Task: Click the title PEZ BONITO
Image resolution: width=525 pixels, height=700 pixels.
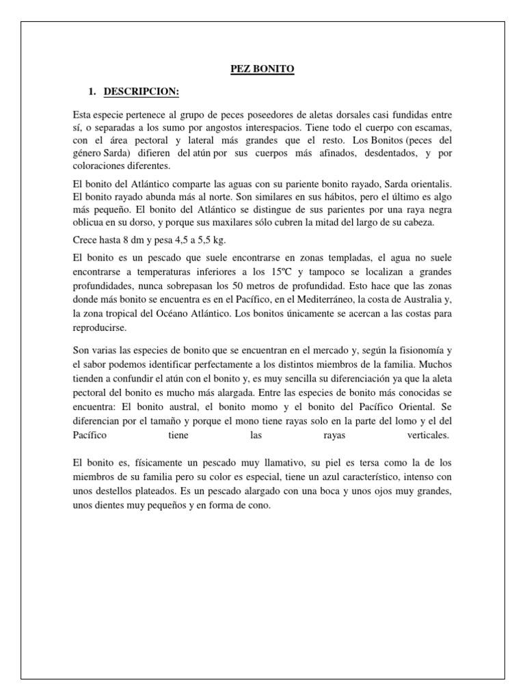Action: coord(262,68)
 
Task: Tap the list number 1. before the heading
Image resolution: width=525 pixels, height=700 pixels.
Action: coord(90,91)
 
